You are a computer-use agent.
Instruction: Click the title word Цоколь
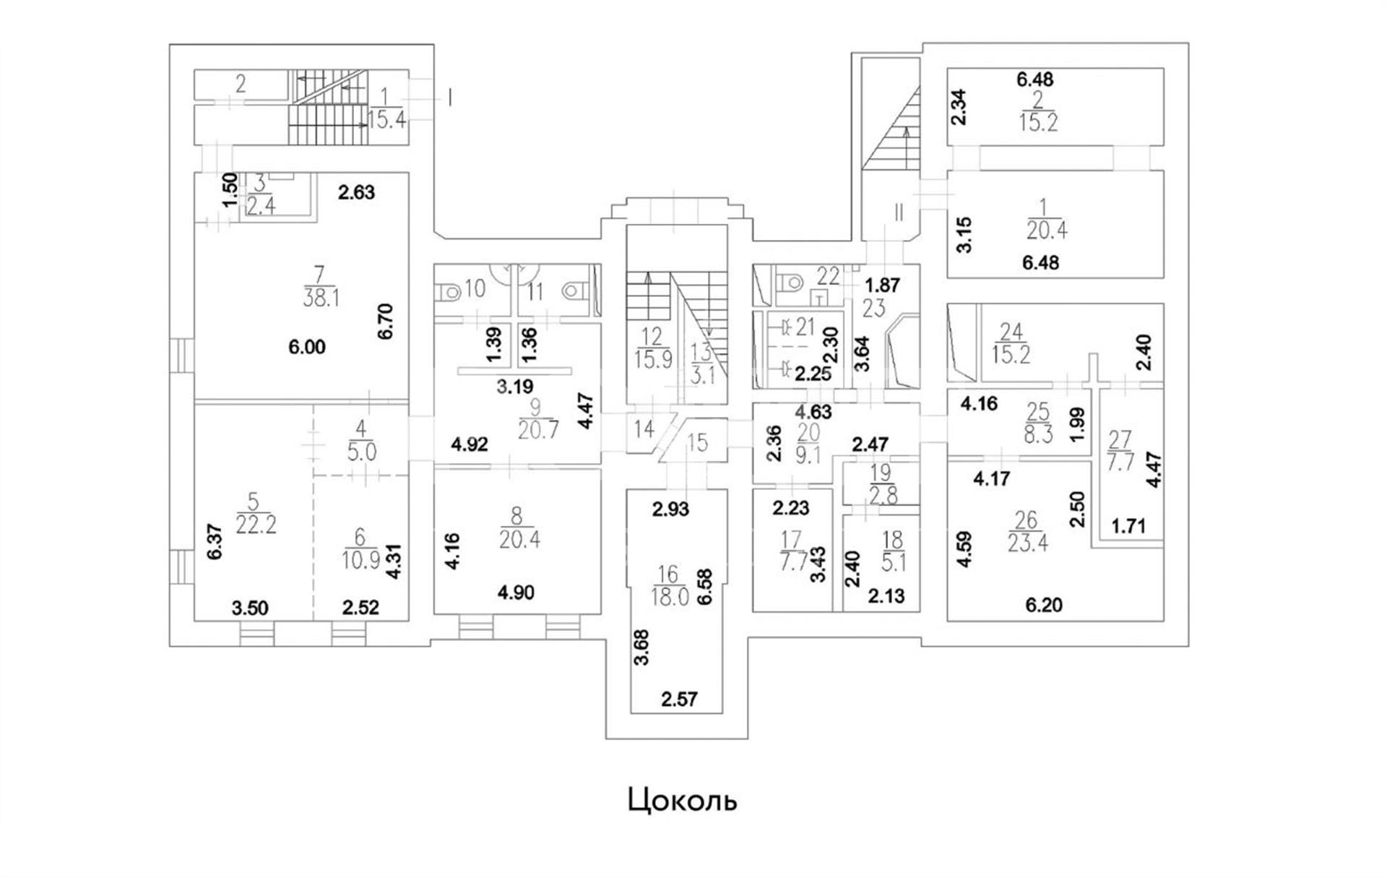(x=683, y=800)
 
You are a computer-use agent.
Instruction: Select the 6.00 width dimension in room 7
(x=307, y=348)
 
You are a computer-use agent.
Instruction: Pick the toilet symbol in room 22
(x=788, y=280)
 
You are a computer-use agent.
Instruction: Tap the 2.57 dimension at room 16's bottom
(x=680, y=700)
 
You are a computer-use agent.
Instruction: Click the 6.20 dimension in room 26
(x=1044, y=605)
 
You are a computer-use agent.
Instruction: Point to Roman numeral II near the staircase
(x=899, y=213)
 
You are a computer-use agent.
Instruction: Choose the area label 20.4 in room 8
(x=519, y=539)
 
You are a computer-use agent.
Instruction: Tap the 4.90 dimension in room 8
(x=516, y=593)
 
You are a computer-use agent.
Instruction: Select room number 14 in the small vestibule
(x=644, y=429)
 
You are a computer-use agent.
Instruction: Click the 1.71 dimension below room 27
(x=1128, y=525)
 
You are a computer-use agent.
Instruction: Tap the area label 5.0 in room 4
(x=361, y=452)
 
